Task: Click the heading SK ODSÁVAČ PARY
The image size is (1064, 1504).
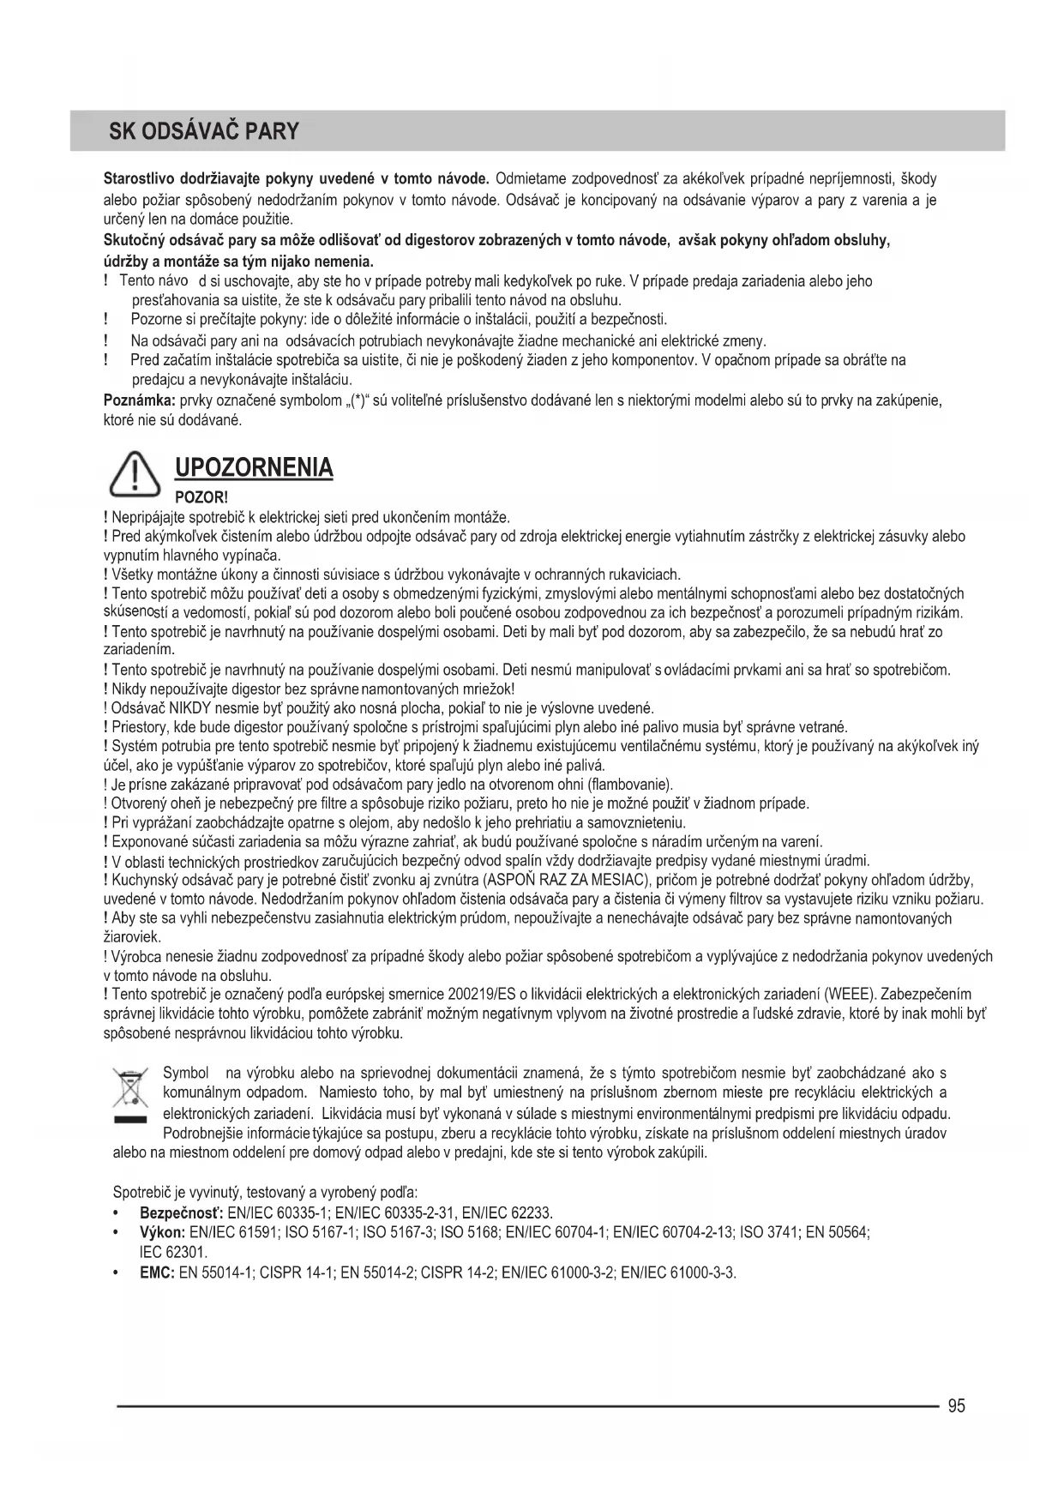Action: point(204,131)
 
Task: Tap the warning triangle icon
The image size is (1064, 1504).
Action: point(136,475)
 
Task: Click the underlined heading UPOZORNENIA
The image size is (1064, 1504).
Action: point(253,468)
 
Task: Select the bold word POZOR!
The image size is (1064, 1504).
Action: point(201,497)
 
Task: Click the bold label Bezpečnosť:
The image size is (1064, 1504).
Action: point(181,1212)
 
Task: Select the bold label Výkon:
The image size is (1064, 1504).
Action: point(163,1232)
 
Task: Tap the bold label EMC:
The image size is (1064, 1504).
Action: point(158,1272)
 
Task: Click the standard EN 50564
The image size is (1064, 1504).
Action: point(838,1232)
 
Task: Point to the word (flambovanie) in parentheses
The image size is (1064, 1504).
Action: point(630,784)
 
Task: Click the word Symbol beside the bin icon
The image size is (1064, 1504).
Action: point(186,1073)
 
